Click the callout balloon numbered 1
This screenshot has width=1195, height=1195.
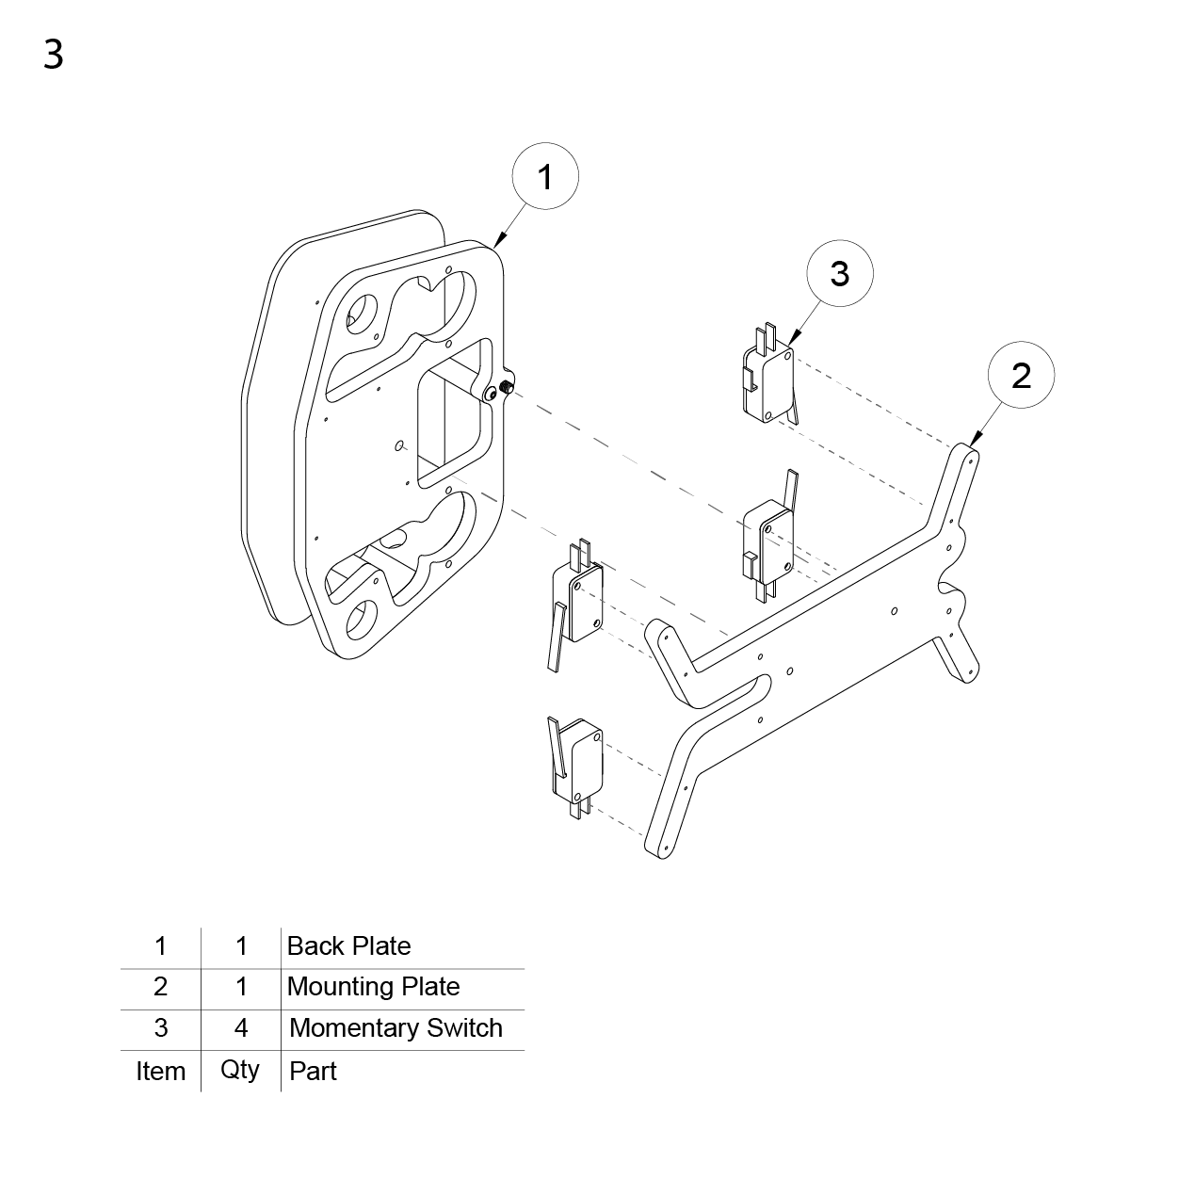coord(545,176)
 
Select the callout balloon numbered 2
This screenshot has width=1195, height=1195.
coord(1021,375)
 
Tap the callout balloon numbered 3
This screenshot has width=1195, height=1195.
coord(840,273)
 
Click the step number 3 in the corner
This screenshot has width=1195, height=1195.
coord(54,55)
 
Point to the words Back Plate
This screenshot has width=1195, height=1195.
coord(348,945)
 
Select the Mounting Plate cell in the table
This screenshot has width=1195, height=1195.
coord(373,986)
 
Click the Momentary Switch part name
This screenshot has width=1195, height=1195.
coord(396,1027)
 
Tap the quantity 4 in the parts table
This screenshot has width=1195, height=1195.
coord(241,1027)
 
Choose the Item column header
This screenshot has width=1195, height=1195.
coord(161,1071)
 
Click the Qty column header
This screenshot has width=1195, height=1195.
coord(240,1071)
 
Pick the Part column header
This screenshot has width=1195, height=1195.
coord(313,1071)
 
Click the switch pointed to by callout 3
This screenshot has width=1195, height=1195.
coord(769,376)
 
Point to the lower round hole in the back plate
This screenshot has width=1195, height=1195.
coord(361,621)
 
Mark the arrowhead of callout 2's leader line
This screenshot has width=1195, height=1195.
coord(975,439)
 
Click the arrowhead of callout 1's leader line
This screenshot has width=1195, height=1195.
coord(500,241)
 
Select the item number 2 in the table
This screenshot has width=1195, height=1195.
coord(161,987)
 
